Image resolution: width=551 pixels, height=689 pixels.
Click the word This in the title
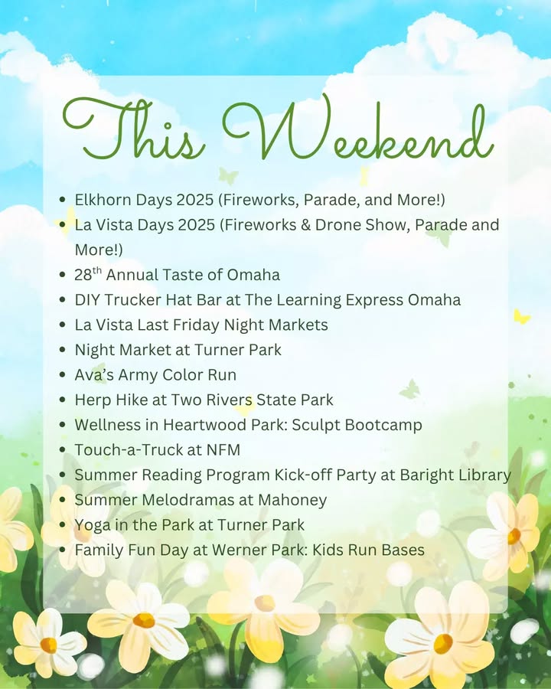click(x=133, y=129)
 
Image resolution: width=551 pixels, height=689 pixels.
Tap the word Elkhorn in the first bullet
click(x=103, y=200)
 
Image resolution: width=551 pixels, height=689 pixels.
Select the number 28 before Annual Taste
click(x=83, y=275)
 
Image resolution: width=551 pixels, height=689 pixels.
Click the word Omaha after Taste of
click(x=253, y=275)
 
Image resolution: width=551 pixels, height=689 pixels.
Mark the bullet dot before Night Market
click(x=63, y=350)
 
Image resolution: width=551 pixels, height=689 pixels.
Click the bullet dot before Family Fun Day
click(x=63, y=550)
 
